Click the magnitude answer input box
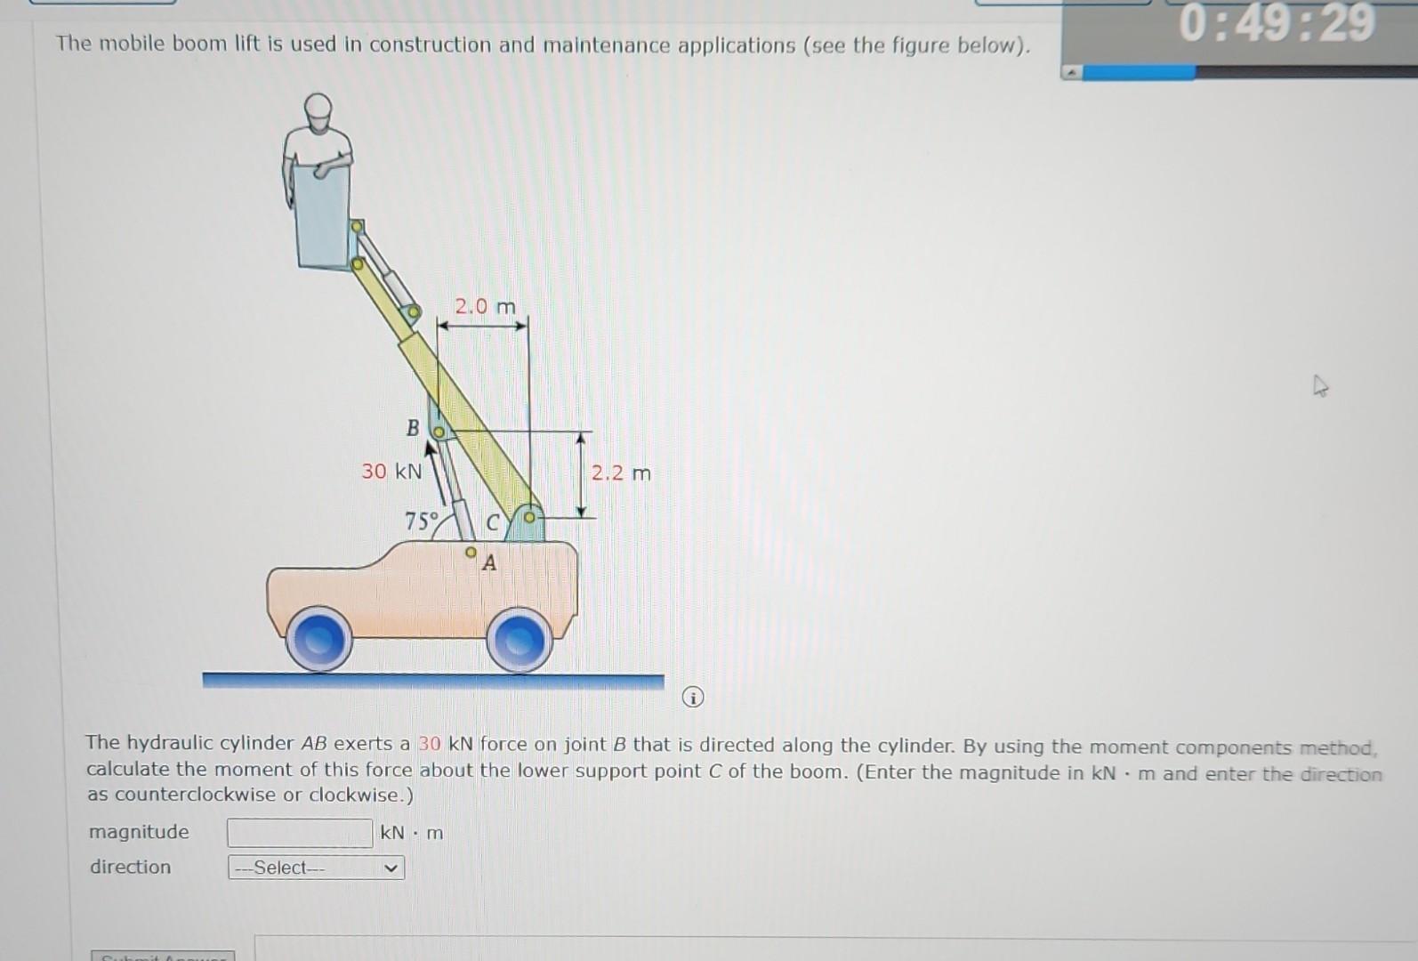pyautogui.click(x=300, y=833)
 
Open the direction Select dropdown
pyautogui.click(x=316, y=868)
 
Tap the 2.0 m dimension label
pyautogui.click(x=485, y=307)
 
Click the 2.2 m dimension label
pyautogui.click(x=621, y=472)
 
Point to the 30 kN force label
pyautogui.click(x=391, y=471)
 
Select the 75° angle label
pyautogui.click(x=422, y=521)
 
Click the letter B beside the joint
pyautogui.click(x=413, y=428)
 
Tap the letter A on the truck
pyautogui.click(x=489, y=562)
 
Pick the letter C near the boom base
pyautogui.click(x=492, y=523)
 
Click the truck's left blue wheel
pyautogui.click(x=318, y=638)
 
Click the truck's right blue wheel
pyautogui.click(x=519, y=639)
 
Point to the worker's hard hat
pyautogui.click(x=318, y=108)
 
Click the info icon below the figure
pyautogui.click(x=693, y=698)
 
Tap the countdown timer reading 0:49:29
pyautogui.click(x=1277, y=23)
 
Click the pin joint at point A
pyautogui.click(x=471, y=553)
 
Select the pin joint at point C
pyautogui.click(x=529, y=517)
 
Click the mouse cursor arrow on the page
pyautogui.click(x=1320, y=386)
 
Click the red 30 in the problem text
pyautogui.click(x=430, y=744)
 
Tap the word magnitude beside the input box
pyautogui.click(x=139, y=832)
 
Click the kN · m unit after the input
pyautogui.click(x=411, y=833)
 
